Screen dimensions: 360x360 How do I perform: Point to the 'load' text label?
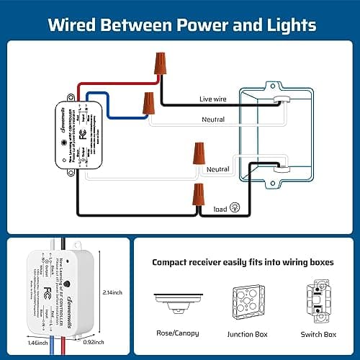pos(220,210)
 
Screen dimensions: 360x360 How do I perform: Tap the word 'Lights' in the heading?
pos(286,25)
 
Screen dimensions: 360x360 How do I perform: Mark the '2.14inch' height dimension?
pos(112,292)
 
